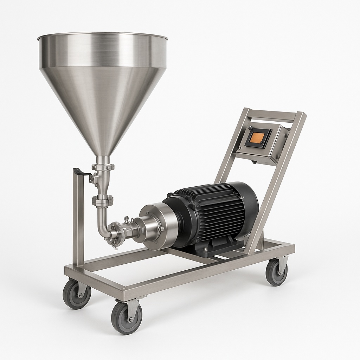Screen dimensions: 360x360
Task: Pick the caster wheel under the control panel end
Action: coord(276,272)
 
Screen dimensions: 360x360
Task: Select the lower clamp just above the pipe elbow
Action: coord(103,201)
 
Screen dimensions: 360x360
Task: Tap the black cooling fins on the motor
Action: coord(214,211)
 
